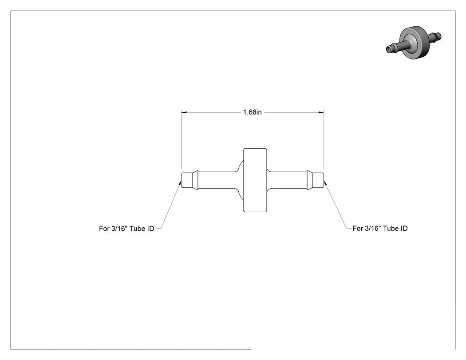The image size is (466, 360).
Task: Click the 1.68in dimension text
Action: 253,112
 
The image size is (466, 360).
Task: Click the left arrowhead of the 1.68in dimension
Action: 184,112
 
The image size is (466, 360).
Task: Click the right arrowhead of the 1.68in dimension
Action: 321,112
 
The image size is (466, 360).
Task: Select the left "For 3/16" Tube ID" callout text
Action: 126,229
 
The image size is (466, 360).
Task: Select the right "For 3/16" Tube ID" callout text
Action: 380,228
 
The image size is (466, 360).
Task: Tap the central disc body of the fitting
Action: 255,180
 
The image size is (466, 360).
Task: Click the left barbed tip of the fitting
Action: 190,180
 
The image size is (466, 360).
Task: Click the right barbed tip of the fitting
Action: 315,180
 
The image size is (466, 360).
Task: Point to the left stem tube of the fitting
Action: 217,180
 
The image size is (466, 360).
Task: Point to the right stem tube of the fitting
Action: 287,180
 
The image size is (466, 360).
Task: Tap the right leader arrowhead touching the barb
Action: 325,182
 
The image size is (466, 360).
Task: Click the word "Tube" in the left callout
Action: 136,229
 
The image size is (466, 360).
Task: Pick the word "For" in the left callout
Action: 104,229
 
